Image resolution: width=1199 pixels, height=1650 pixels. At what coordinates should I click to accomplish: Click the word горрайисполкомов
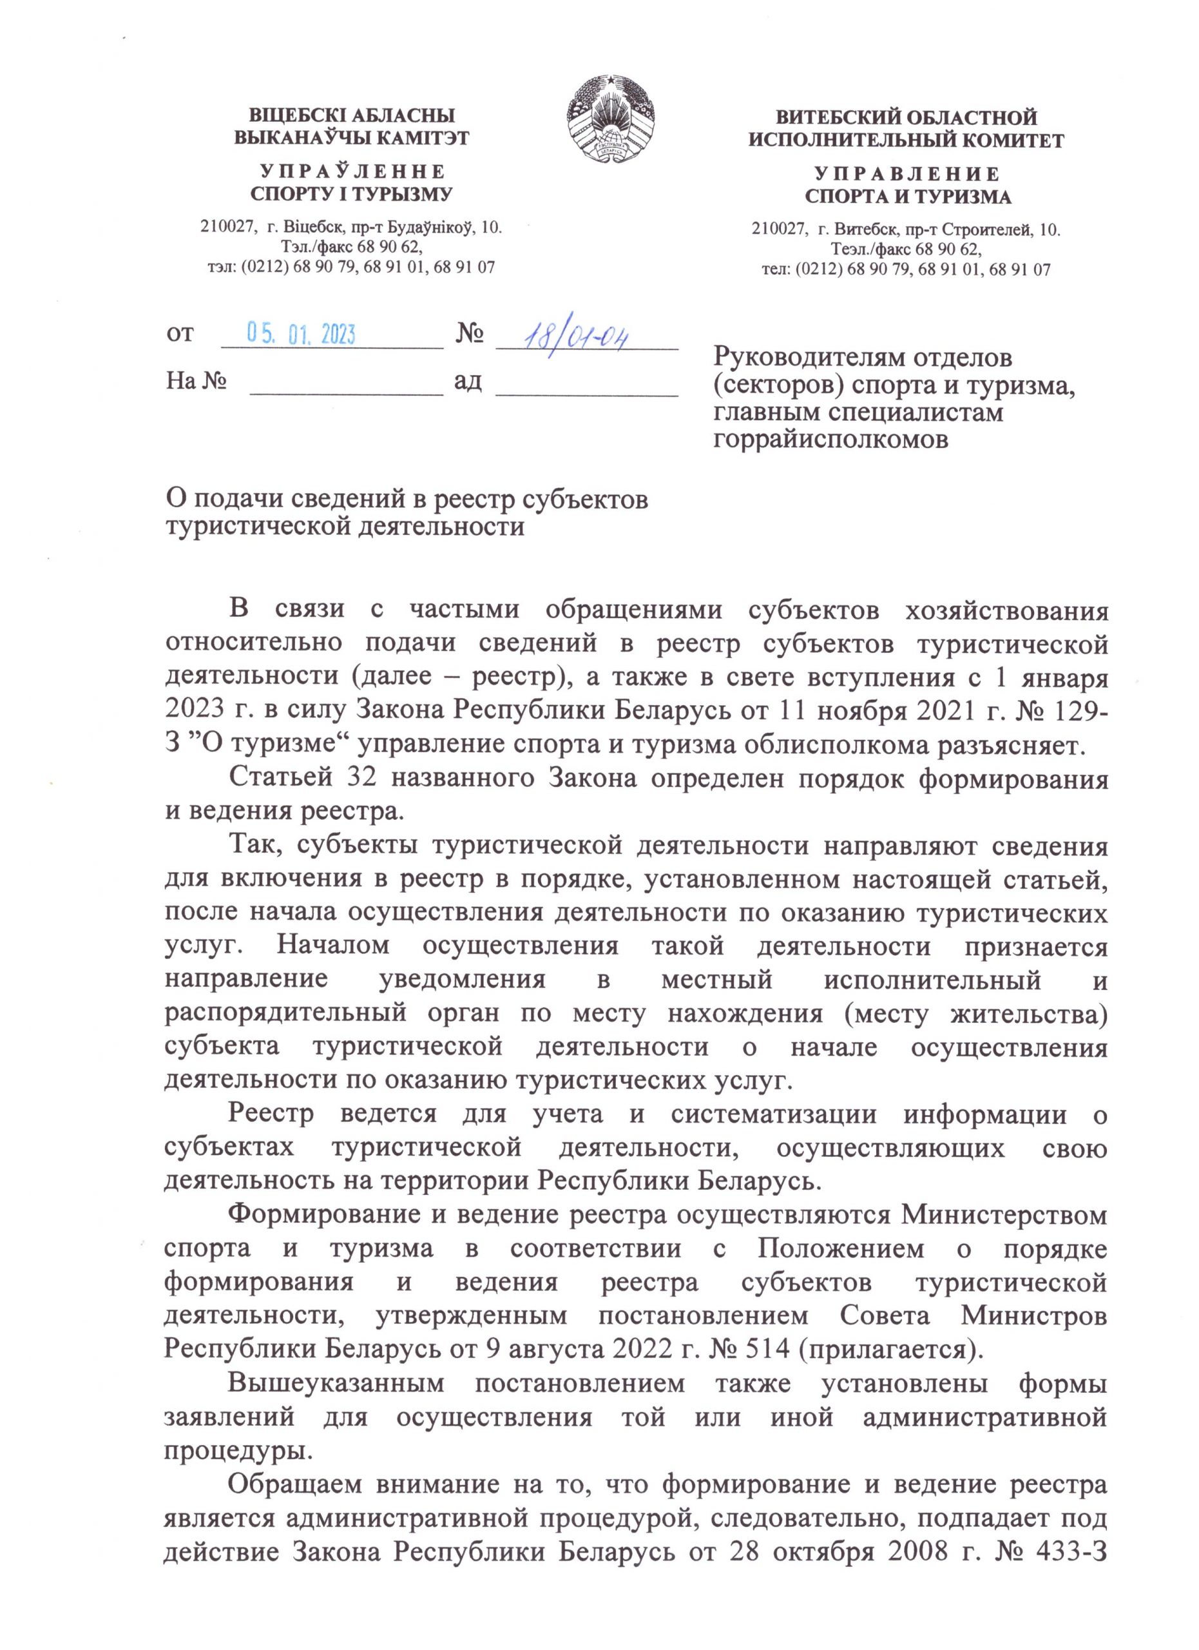(830, 440)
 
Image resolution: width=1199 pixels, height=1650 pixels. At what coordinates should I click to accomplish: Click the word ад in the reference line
(468, 380)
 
